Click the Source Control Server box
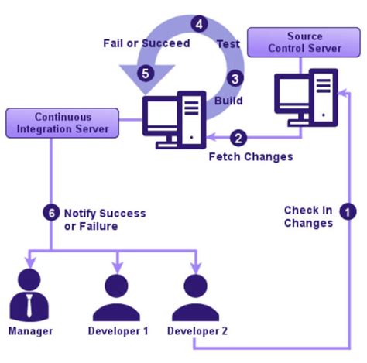(304, 43)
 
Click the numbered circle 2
(240, 139)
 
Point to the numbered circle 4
(201, 24)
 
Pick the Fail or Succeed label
(146, 43)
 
